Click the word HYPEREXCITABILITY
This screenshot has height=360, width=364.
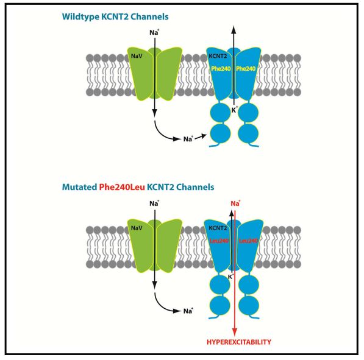[x=239, y=342]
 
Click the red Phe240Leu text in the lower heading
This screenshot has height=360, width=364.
[x=122, y=187]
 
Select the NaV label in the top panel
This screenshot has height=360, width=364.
[x=137, y=56]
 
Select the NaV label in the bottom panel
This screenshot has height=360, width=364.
[x=137, y=228]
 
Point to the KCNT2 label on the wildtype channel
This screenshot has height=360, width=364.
[x=218, y=56]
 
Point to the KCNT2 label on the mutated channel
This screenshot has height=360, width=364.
[x=218, y=228]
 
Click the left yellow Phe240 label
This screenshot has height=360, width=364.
[x=221, y=69]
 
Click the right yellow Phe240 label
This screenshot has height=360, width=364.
[x=246, y=69]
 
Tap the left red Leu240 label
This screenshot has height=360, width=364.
[x=219, y=241]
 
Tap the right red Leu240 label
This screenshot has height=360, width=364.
[x=248, y=241]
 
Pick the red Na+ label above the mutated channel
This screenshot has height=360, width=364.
[x=235, y=203]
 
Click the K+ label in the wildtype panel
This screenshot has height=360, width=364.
[x=235, y=110]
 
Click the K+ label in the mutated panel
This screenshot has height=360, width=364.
[x=230, y=277]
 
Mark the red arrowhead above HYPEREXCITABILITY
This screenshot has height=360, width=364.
[x=235, y=332]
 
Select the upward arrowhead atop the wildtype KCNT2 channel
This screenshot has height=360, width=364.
[x=234, y=29]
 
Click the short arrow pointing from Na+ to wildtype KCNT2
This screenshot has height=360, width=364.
[x=201, y=136]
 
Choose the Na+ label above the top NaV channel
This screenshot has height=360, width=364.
[x=154, y=32]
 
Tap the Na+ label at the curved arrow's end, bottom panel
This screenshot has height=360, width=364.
[x=188, y=311]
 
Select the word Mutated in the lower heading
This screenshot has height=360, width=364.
[x=79, y=187]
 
